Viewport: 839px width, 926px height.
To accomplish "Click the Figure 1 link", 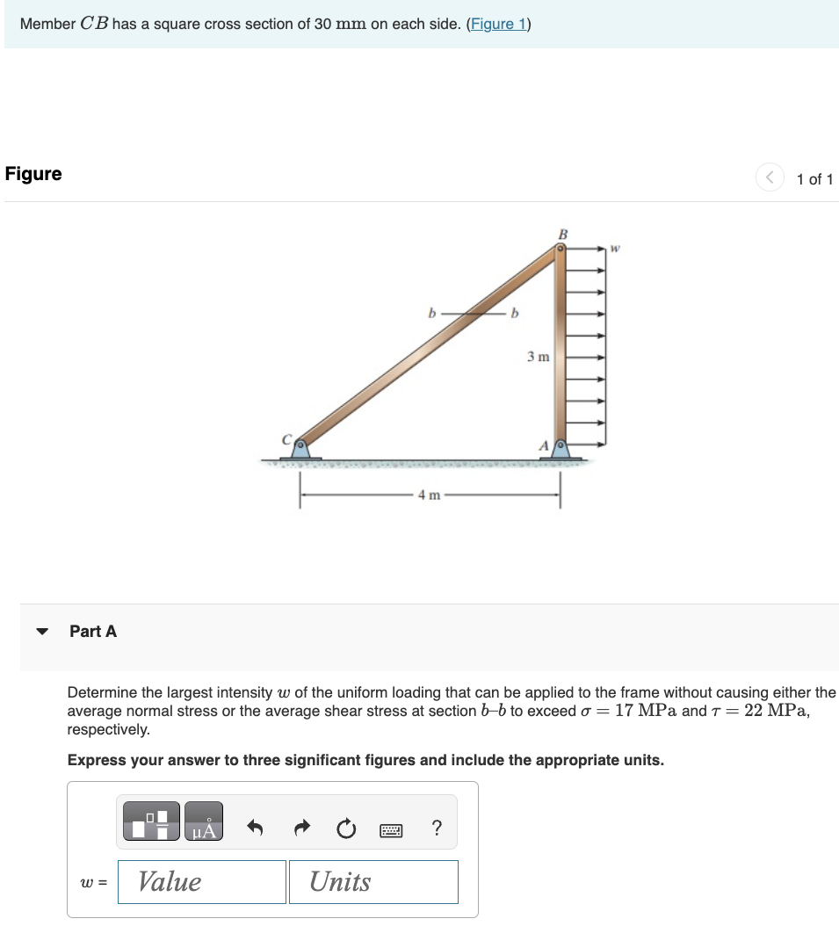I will point(497,24).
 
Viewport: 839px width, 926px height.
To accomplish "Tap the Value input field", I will point(202,881).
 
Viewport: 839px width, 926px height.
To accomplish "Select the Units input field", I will point(373,881).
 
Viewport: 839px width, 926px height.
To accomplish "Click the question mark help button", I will point(438,828).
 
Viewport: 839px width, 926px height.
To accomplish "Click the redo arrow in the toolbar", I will point(300,828).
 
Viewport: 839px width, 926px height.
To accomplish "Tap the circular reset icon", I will point(346,828).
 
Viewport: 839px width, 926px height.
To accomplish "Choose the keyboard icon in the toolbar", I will point(392,828).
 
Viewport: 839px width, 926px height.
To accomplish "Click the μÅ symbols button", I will point(204,821).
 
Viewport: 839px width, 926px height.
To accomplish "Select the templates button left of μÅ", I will point(151,821).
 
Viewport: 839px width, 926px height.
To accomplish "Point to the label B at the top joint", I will point(563,234).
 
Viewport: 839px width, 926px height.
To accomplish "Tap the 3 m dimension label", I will point(538,357).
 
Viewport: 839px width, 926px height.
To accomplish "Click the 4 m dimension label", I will point(429,495).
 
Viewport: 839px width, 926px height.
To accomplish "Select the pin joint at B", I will point(561,250).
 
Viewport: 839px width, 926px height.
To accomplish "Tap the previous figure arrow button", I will point(769,178).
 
